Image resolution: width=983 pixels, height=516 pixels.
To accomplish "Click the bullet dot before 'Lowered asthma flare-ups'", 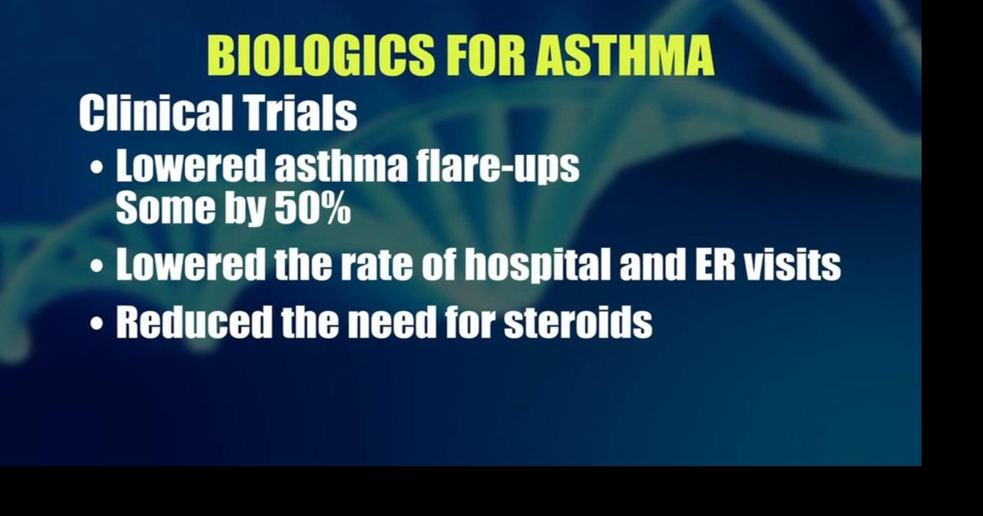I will pos(97,168).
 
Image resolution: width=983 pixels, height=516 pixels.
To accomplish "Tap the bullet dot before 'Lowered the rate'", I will pos(97,266).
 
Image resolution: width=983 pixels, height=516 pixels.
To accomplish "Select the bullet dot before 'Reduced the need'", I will pos(97,322).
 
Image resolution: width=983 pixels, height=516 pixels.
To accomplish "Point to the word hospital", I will pos(537,265).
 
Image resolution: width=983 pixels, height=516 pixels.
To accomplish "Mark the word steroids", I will pos(578,322).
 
